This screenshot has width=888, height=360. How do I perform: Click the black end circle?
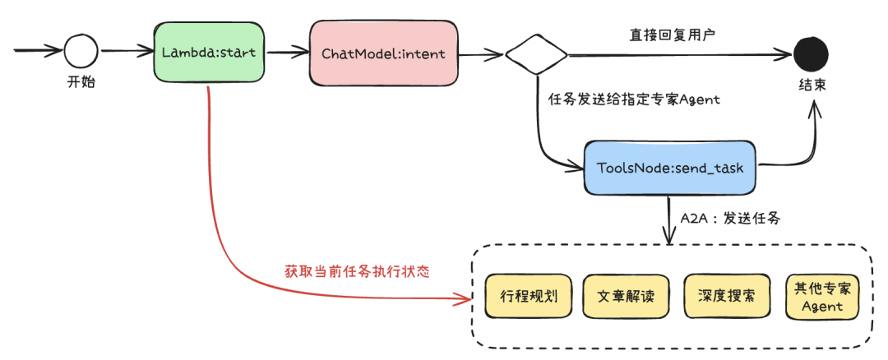(810, 55)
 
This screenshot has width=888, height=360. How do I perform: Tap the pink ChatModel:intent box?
(382, 54)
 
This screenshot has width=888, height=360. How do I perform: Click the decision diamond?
(536, 55)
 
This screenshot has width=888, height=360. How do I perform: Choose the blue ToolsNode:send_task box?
(670, 168)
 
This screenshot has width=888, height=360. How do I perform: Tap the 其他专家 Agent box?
(821, 297)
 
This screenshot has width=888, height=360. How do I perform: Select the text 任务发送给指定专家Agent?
(633, 99)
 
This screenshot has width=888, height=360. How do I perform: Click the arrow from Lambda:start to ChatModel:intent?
(287, 53)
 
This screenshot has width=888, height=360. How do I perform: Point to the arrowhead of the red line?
(458, 295)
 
